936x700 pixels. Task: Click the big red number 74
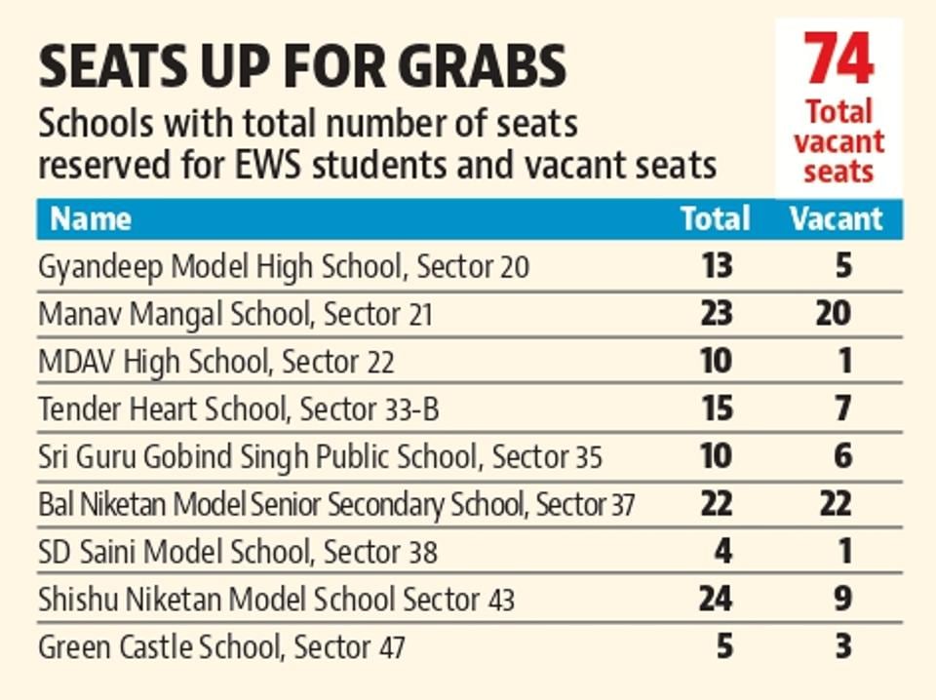tap(838, 59)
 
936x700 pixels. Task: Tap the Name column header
tap(91, 218)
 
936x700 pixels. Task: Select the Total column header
tap(716, 218)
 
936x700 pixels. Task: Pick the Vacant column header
tap(836, 218)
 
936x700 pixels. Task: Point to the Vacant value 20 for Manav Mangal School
tap(834, 314)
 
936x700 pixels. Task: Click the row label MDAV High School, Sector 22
tap(216, 362)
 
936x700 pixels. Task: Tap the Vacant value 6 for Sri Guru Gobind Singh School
tap(843, 456)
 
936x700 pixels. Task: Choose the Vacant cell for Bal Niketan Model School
tap(834, 504)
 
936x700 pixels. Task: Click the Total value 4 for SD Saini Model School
tap(723, 552)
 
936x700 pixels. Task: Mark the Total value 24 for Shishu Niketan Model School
tap(717, 599)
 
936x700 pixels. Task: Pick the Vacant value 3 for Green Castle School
tap(843, 646)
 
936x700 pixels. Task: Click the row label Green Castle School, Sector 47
tap(221, 646)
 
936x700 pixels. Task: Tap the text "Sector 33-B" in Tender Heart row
tap(370, 409)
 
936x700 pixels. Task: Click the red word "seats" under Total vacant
tap(838, 172)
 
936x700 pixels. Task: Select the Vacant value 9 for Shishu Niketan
tap(843, 599)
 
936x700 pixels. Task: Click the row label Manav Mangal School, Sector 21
tap(235, 315)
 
